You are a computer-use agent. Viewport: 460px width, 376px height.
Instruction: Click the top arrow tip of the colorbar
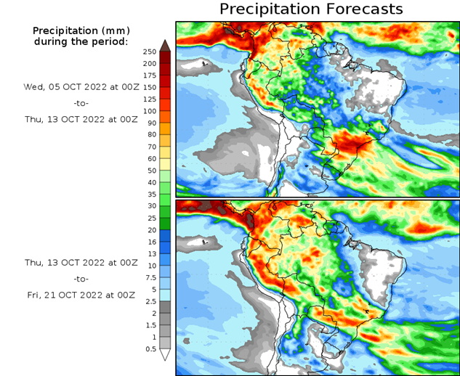tap(165, 44)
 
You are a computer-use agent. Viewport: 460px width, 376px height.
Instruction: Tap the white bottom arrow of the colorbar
tap(165, 355)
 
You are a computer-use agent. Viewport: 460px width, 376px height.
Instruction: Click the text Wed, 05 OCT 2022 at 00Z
tap(80, 86)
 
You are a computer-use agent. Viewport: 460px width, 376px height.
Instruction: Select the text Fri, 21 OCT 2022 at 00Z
tap(80, 295)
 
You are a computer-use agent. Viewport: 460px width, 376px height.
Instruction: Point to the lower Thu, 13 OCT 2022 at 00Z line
tap(80, 261)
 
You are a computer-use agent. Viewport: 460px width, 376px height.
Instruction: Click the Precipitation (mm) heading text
tap(80, 30)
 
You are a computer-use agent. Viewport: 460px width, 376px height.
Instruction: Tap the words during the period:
tap(80, 41)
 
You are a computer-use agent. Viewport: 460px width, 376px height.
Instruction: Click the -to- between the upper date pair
tap(80, 104)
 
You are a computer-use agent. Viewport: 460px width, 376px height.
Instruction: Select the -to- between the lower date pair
tap(80, 278)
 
